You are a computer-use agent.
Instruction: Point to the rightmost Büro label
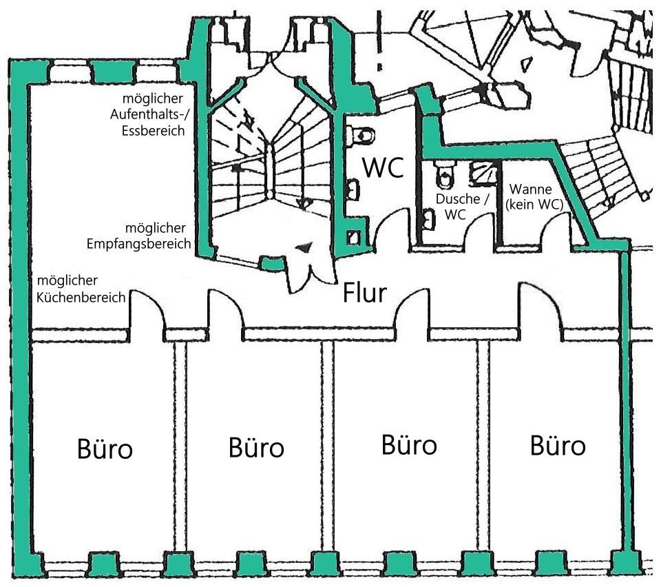(x=558, y=446)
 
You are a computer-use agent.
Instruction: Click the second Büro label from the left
(x=256, y=449)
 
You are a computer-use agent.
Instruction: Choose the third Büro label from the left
(x=409, y=445)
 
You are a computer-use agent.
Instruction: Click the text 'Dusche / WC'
(x=462, y=206)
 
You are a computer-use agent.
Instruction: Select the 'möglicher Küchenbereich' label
(x=81, y=289)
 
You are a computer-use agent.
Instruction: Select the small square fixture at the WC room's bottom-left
(x=354, y=237)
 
